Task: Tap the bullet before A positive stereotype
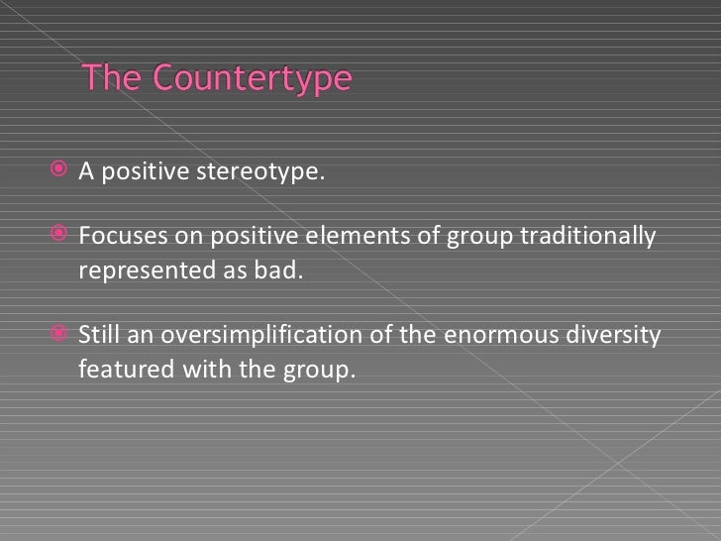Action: pyautogui.click(x=60, y=171)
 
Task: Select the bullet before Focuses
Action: pyautogui.click(x=60, y=236)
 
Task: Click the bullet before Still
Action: pyautogui.click(x=60, y=335)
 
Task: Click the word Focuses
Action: pyautogui.click(x=116, y=237)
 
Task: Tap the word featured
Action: pyautogui.click(x=116, y=370)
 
